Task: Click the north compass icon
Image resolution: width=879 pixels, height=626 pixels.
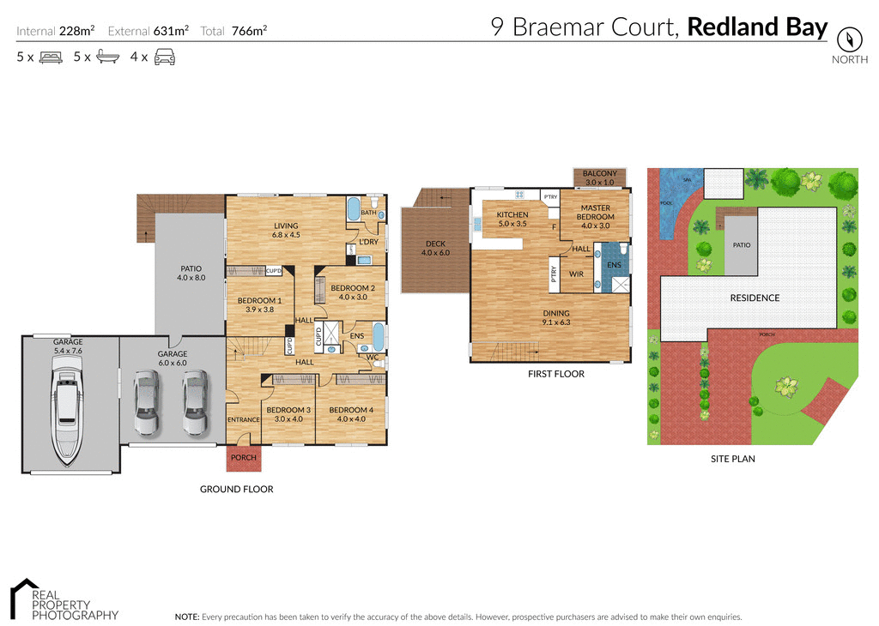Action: (849, 39)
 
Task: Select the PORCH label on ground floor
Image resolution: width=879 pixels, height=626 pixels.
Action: (244, 458)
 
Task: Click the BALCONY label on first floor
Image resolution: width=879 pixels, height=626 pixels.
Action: (600, 174)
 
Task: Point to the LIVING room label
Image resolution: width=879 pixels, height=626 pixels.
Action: (286, 226)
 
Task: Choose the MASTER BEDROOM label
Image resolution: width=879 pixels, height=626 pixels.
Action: (597, 212)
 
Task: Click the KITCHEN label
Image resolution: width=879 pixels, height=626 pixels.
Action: (512, 214)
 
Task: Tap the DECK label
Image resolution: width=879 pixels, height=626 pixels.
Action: (435, 244)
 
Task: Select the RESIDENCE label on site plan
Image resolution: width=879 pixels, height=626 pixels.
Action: (755, 298)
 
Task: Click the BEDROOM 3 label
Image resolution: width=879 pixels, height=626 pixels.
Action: (288, 410)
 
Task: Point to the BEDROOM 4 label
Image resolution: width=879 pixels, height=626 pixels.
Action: (351, 410)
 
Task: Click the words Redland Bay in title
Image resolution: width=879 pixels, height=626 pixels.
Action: (757, 27)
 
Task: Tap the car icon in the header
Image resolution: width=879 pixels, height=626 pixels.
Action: (164, 57)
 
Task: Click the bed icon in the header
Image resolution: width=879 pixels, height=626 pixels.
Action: (51, 57)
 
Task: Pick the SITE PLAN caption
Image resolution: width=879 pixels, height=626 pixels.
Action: (732, 459)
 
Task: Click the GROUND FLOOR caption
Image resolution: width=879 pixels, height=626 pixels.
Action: (236, 489)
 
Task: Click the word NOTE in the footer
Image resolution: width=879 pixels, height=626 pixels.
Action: (186, 617)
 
